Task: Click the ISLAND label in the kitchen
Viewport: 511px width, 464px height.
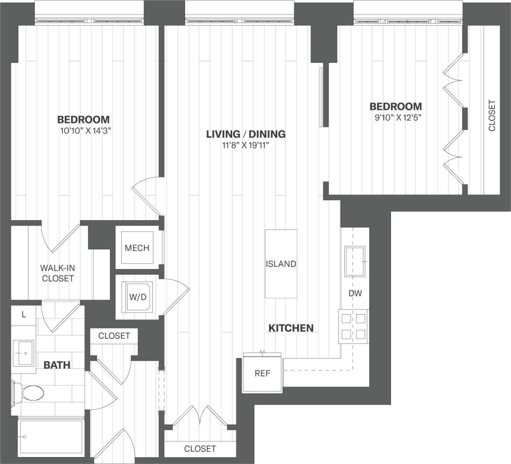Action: click(281, 264)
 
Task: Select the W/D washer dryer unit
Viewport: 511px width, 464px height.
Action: click(137, 296)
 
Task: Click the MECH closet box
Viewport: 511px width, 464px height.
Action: click(137, 248)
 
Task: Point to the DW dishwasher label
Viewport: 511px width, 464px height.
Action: click(354, 294)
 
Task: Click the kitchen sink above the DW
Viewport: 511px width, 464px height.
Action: click(354, 261)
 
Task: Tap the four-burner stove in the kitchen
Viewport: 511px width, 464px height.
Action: click(353, 327)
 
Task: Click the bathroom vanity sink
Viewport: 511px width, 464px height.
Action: click(23, 353)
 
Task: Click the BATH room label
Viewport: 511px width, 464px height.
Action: click(57, 365)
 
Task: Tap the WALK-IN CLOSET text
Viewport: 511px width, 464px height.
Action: click(57, 273)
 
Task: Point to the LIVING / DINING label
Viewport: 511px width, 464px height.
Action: click(246, 134)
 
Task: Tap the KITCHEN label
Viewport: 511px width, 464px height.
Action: click(291, 328)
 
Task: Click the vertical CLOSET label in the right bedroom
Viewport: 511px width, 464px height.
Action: click(492, 116)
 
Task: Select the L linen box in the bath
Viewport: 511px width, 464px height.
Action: click(24, 314)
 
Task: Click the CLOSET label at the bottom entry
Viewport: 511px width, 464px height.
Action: click(200, 448)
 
